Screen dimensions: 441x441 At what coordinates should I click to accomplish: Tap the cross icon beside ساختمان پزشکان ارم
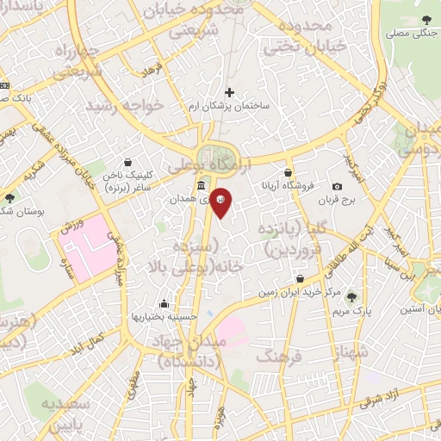pos(229,91)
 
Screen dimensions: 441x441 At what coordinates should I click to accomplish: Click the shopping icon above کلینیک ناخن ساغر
pos(128,162)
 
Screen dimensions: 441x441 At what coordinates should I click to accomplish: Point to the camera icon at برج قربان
pos(337,187)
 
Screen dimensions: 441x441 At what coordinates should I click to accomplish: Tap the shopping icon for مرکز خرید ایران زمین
pos(300,279)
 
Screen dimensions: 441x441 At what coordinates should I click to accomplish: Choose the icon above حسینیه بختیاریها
pos(165,302)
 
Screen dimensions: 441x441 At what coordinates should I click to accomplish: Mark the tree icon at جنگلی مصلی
pos(428,21)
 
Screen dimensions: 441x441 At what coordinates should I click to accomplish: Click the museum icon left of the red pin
pos(201,186)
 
